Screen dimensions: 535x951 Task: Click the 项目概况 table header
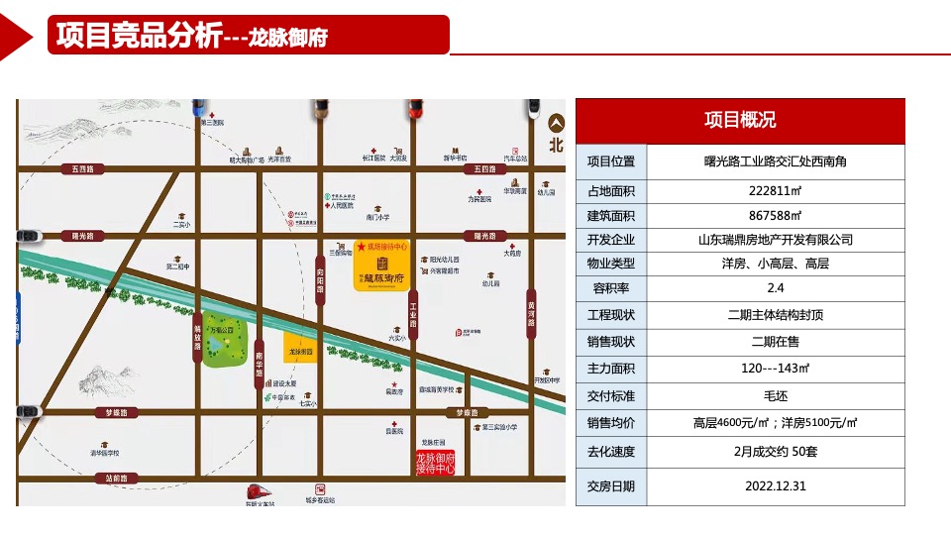[740, 121]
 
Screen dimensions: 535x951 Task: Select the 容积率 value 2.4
[775, 289]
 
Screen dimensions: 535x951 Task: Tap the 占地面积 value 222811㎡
[775, 191]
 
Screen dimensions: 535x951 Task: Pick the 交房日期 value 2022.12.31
[775, 486]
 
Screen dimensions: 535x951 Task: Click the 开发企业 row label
[611, 240]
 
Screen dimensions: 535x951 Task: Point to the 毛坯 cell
[775, 396]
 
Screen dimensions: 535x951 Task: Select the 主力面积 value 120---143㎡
[775, 369]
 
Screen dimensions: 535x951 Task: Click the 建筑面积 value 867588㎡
[775, 216]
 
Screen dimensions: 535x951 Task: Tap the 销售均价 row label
[611, 423]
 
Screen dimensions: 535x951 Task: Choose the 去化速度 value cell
[775, 452]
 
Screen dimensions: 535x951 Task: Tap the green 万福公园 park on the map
[227, 344]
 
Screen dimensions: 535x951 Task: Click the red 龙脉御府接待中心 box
[435, 463]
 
